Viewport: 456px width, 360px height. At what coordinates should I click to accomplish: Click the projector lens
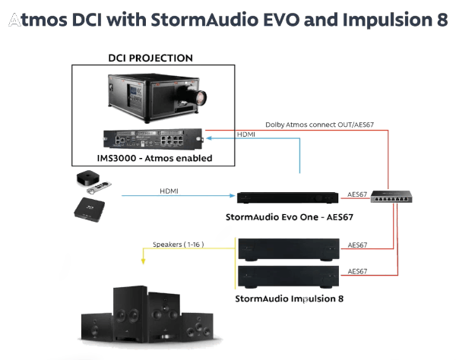pyautogui.click(x=201, y=98)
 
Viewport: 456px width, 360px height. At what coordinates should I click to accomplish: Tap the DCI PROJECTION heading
pyautogui.click(x=150, y=58)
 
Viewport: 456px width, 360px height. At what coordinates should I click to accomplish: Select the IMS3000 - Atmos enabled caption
pyautogui.click(x=154, y=158)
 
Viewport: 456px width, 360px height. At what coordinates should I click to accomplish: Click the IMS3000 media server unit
pyautogui.click(x=153, y=138)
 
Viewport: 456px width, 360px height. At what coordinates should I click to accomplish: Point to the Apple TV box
pyautogui.click(x=88, y=178)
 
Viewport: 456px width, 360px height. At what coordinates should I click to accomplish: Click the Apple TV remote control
pyautogui.click(x=99, y=188)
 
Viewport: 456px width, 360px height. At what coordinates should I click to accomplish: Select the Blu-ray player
pyautogui.click(x=89, y=210)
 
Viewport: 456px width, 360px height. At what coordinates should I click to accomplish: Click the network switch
pyautogui.click(x=391, y=197)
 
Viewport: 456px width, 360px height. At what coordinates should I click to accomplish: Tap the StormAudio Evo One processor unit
pyautogui.click(x=287, y=197)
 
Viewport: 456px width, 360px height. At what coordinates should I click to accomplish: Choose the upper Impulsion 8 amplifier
pyautogui.click(x=289, y=249)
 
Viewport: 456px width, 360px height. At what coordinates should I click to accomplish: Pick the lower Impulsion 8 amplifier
pyautogui.click(x=289, y=276)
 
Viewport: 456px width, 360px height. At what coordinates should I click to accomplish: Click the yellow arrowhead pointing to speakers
pyautogui.click(x=143, y=261)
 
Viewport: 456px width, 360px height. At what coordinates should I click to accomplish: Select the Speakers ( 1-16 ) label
pyautogui.click(x=179, y=245)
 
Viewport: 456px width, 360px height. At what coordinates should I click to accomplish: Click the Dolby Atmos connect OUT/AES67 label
pyautogui.click(x=320, y=125)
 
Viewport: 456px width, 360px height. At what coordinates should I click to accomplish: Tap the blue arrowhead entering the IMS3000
pyautogui.click(x=209, y=138)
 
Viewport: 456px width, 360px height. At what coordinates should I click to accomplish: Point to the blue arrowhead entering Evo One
pyautogui.click(x=232, y=195)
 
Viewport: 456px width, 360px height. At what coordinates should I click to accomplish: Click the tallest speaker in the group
pyautogui.click(x=131, y=313)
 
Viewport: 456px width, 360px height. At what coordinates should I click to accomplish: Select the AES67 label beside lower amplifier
pyautogui.click(x=357, y=271)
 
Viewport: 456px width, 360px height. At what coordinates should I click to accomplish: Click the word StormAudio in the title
pyautogui.click(x=204, y=20)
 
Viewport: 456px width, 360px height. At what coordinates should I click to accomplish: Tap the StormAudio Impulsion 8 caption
pyautogui.click(x=289, y=298)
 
